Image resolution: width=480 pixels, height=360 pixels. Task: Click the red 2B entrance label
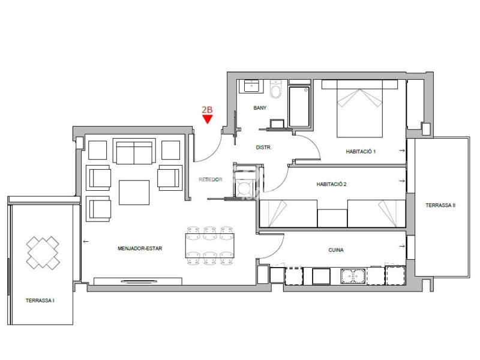click(x=207, y=110)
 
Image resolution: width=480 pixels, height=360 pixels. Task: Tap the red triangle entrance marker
click(x=208, y=119)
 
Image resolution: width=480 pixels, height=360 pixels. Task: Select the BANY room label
click(x=260, y=108)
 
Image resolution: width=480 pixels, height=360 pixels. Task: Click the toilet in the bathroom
click(x=276, y=89)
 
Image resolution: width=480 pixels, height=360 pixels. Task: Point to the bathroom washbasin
click(x=251, y=86)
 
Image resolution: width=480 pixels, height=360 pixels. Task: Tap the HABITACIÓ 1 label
click(x=361, y=152)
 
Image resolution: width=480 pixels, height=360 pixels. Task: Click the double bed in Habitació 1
click(x=359, y=109)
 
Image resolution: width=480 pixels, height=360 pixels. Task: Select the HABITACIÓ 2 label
click(x=332, y=184)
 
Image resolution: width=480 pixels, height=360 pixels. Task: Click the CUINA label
click(x=336, y=250)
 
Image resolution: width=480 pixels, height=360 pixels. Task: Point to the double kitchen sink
click(x=353, y=275)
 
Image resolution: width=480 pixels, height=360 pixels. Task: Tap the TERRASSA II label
click(x=440, y=205)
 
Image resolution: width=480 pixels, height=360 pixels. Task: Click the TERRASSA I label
click(x=40, y=301)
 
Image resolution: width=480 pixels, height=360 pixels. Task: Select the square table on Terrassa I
click(x=43, y=253)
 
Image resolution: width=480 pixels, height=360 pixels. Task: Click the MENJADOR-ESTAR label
click(x=140, y=248)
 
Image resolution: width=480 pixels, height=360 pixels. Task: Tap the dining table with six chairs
click(x=210, y=245)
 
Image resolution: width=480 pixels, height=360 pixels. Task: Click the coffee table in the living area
click(x=134, y=193)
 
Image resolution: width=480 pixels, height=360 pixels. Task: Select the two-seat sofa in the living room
click(x=134, y=152)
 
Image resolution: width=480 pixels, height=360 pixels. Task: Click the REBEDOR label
click(x=211, y=179)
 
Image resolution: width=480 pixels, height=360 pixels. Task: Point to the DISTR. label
click(x=264, y=148)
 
